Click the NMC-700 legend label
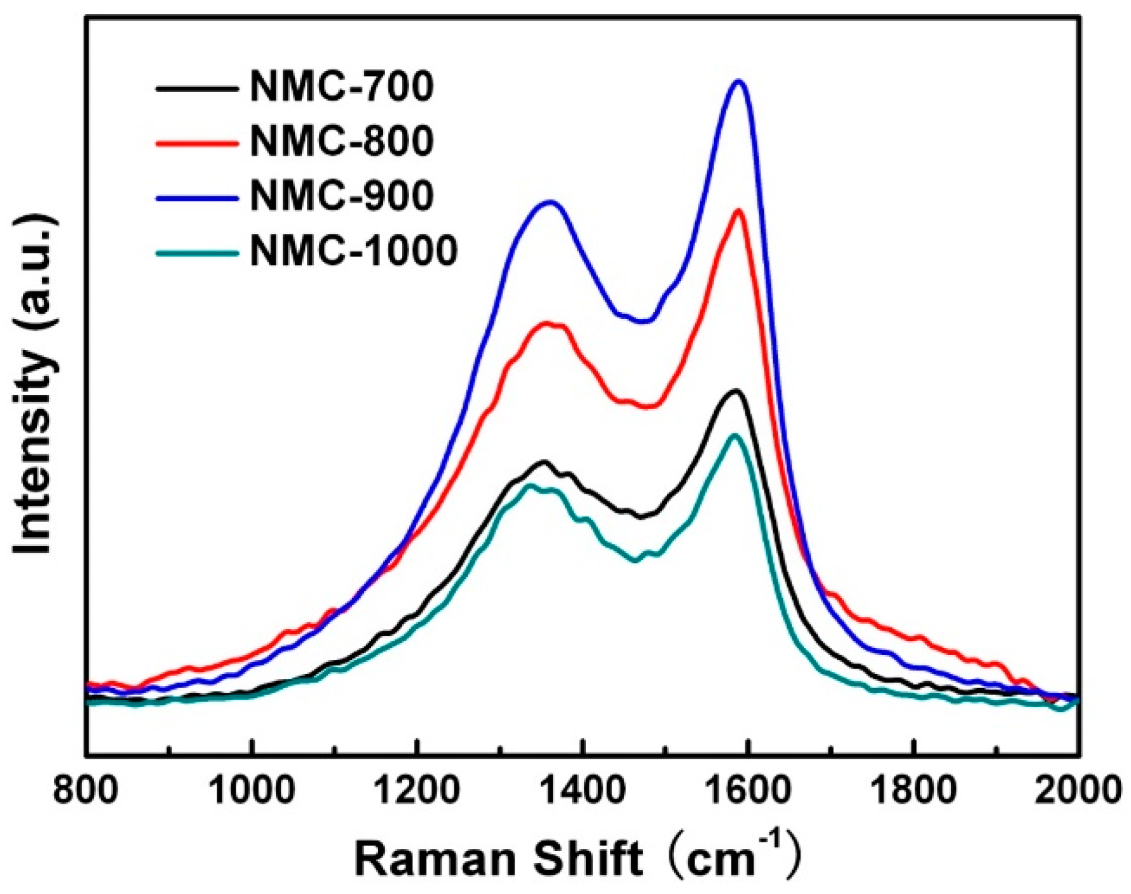coord(341,86)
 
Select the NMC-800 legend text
coord(341,141)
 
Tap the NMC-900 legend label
coord(341,196)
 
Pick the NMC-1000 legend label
coord(353,250)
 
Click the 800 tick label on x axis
coord(86,791)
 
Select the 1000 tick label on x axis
coord(252,791)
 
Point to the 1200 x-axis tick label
coord(416,791)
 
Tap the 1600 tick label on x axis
coord(748,791)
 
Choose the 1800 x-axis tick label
coord(914,791)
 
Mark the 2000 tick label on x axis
coord(1078,791)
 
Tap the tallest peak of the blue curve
coord(738,81)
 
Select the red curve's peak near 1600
coord(738,210)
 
